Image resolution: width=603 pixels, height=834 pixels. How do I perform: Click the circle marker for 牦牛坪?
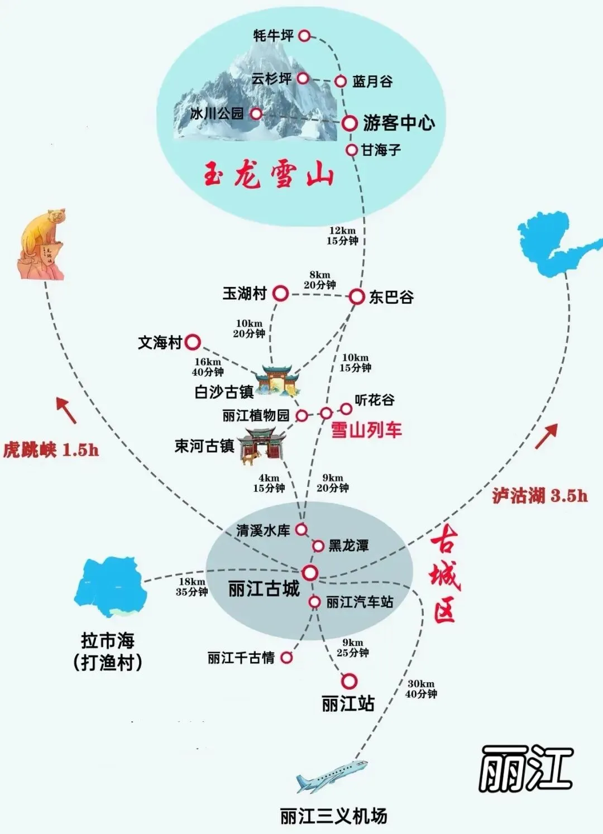tap(304, 36)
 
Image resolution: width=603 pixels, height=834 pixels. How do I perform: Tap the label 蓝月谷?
tap(372, 82)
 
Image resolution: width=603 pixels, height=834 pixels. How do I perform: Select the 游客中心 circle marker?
tap(350, 123)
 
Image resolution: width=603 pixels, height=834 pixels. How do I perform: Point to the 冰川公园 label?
tap(217, 114)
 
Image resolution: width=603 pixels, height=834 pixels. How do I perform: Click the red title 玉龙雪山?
tap(268, 175)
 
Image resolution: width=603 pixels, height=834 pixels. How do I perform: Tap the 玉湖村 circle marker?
tap(280, 293)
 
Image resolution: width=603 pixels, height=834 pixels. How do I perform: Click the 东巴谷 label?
tap(391, 297)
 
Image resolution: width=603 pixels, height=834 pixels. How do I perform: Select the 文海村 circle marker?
tap(193, 342)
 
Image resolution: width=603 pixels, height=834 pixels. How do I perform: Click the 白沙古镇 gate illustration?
tap(277, 381)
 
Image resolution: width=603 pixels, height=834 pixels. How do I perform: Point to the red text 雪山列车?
tap(366, 430)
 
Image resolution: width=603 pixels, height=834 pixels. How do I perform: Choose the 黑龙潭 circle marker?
tap(318, 545)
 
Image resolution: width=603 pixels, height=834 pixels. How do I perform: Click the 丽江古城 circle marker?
tap(310, 573)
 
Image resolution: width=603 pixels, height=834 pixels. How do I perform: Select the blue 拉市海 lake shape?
tap(112, 586)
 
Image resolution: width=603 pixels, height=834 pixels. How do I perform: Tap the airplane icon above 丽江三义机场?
tap(332, 776)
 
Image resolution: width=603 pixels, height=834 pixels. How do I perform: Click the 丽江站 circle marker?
tap(349, 681)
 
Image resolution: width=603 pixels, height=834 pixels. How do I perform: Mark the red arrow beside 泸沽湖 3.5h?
tap(547, 436)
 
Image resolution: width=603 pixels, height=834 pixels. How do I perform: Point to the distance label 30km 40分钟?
tap(421, 689)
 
